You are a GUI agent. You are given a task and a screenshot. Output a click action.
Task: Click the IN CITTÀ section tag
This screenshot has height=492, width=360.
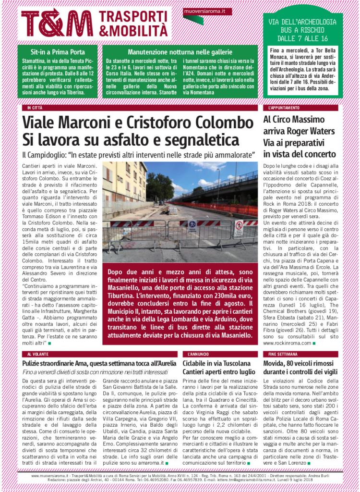pos(35,108)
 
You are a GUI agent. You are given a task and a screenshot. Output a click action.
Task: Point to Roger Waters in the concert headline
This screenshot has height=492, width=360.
pos(312,131)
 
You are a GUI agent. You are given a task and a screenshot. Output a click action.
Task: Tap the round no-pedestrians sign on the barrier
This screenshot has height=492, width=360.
pos(239,225)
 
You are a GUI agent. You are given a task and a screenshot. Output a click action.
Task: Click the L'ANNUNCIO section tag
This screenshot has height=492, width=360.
pos(197,354)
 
